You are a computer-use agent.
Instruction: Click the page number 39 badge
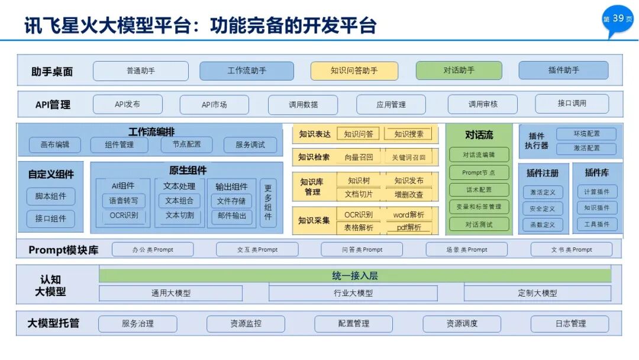[x=618, y=19]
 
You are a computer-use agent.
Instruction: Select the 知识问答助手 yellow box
[x=354, y=70]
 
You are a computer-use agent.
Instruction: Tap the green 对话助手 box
[x=459, y=70]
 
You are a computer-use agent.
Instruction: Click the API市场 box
[x=214, y=104]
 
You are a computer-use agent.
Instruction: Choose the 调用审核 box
[x=483, y=104]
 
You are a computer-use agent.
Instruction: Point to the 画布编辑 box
[x=55, y=144]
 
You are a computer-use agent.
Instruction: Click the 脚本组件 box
[x=51, y=197]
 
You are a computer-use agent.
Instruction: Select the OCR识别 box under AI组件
[x=124, y=216]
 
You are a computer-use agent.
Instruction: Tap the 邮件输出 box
[x=231, y=216]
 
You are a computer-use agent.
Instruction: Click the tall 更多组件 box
[x=268, y=203]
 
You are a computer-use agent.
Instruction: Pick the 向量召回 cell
[x=359, y=157]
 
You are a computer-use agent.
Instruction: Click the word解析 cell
[x=409, y=214]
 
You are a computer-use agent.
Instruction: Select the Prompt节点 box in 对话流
[x=479, y=173]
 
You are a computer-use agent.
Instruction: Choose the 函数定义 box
[x=541, y=225]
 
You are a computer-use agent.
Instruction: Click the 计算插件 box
[x=597, y=192]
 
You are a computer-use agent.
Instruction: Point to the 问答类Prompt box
[x=362, y=250]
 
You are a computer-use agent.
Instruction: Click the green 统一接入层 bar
[x=355, y=276]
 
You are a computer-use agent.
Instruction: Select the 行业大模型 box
[x=353, y=293]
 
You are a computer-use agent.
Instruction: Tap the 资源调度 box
[x=461, y=324]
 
